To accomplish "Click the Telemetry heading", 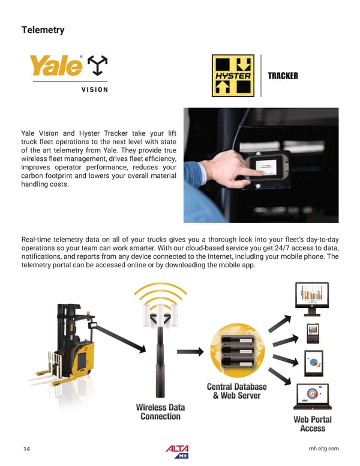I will (x=43, y=29).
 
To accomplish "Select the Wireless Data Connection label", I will (x=160, y=412).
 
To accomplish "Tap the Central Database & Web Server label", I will (x=236, y=391).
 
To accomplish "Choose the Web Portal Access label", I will (x=312, y=423).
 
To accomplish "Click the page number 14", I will (x=26, y=449).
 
